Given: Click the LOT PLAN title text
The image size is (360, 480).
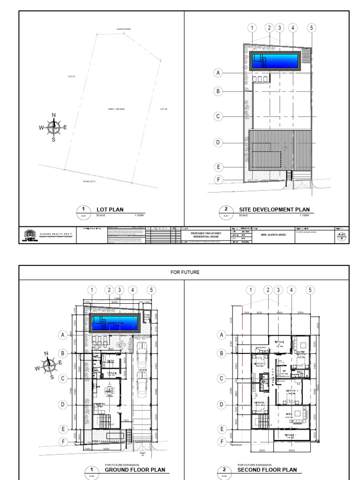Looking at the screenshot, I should coord(110,210).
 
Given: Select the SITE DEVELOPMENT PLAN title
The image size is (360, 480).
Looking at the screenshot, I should coord(274,210).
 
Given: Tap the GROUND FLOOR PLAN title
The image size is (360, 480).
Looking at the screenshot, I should coord(135,470).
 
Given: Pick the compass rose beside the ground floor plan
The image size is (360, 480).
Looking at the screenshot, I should coord(49,364).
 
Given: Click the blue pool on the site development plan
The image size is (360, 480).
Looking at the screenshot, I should coord(275,60).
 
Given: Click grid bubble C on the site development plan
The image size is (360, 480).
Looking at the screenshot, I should coord(218,117).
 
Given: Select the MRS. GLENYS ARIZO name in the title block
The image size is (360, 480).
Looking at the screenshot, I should coord(274,234).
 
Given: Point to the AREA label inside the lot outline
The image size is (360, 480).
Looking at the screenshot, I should coord(116,109).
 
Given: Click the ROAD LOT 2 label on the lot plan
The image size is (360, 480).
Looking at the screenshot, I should coord(89,181).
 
